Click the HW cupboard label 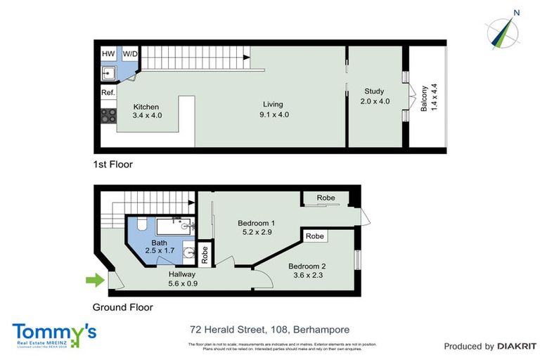pos(108,53)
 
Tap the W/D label pos(130,53)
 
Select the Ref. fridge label pos(108,93)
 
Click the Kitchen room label pos(147,107)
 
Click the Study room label pos(373,91)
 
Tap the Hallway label pos(181,274)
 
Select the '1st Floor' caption pos(112,165)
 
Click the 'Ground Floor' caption pos(122,307)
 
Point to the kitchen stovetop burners pos(108,116)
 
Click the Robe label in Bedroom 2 pos(316,236)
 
